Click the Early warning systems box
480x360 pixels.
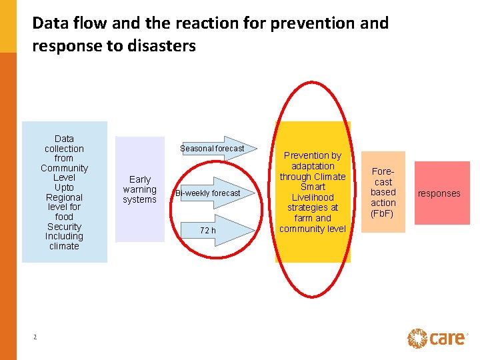[139, 189]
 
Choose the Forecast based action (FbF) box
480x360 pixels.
[383, 192]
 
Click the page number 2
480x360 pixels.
[35, 337]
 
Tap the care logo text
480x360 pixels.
[447, 338]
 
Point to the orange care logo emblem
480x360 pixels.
[417, 338]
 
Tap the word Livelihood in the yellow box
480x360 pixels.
[313, 197]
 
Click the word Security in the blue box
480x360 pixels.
[64, 227]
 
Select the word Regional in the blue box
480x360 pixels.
[64, 197]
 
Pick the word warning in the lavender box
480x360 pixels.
[139, 189]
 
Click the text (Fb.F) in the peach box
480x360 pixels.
[383, 213]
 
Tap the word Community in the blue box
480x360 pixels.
[64, 168]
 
